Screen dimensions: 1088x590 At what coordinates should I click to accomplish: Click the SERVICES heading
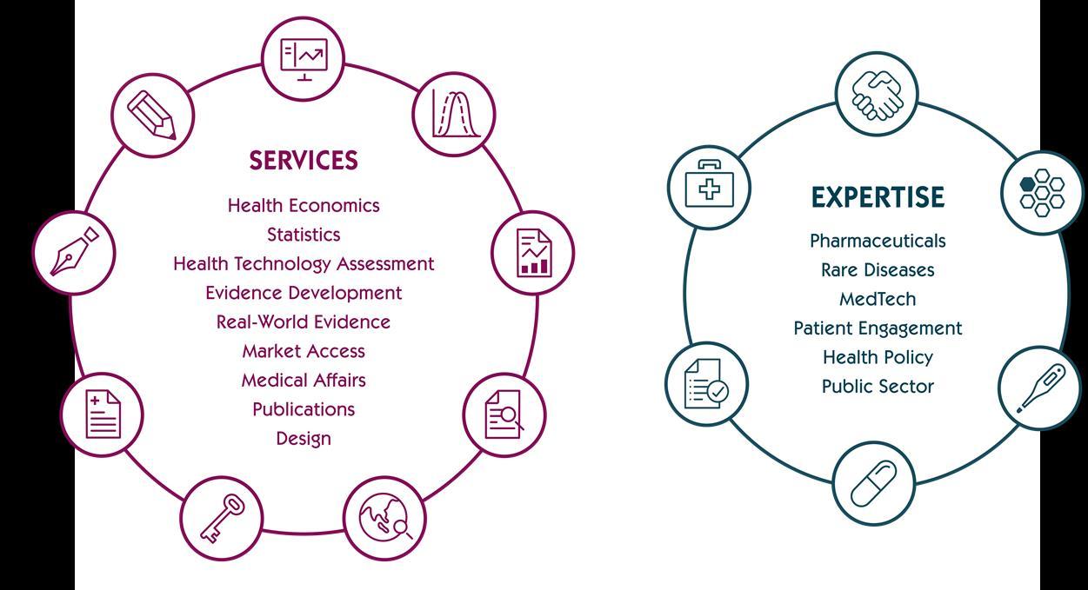(304, 161)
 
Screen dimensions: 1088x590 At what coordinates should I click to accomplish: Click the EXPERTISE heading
(878, 197)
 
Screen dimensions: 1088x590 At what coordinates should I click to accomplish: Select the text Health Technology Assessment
(304, 263)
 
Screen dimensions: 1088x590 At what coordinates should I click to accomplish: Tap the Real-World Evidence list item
(304, 322)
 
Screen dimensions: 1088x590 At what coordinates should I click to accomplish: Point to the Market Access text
(304, 351)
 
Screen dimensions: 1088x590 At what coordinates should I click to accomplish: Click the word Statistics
(304, 235)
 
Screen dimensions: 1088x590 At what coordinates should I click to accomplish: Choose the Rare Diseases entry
(878, 270)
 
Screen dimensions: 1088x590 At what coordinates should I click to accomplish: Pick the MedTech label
(878, 299)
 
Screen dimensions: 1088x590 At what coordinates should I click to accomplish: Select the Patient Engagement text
(878, 328)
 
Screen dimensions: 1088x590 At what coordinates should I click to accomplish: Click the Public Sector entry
(878, 387)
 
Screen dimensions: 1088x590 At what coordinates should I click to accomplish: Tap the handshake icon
(877, 94)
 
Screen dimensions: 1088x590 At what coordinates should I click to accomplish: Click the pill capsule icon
(873, 483)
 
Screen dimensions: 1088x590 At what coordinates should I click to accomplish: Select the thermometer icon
(1041, 388)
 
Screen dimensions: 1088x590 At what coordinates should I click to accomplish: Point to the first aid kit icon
(709, 187)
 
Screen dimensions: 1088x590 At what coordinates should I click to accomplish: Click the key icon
(221, 518)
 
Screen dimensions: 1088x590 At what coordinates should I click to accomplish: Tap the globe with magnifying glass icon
(385, 518)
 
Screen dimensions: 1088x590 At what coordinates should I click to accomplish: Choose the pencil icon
(152, 115)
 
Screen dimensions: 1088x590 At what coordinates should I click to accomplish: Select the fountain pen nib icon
(74, 252)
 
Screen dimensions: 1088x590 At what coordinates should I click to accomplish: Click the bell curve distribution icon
(454, 115)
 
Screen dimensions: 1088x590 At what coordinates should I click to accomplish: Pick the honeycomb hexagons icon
(1042, 192)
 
